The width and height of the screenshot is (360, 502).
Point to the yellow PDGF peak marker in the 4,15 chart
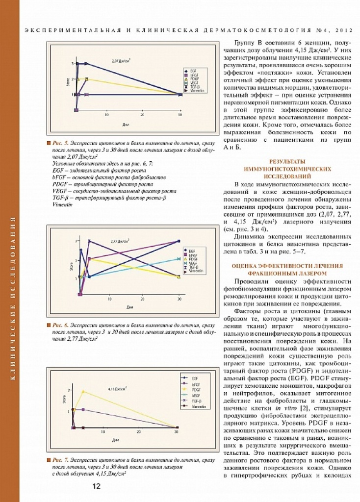point(83,391)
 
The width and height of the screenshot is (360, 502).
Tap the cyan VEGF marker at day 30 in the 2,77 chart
point(179,258)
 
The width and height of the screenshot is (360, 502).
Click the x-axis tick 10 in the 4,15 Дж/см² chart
point(103,432)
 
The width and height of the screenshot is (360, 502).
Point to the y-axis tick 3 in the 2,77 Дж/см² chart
point(76,241)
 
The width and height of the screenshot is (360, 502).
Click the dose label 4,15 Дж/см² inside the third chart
point(118,388)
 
